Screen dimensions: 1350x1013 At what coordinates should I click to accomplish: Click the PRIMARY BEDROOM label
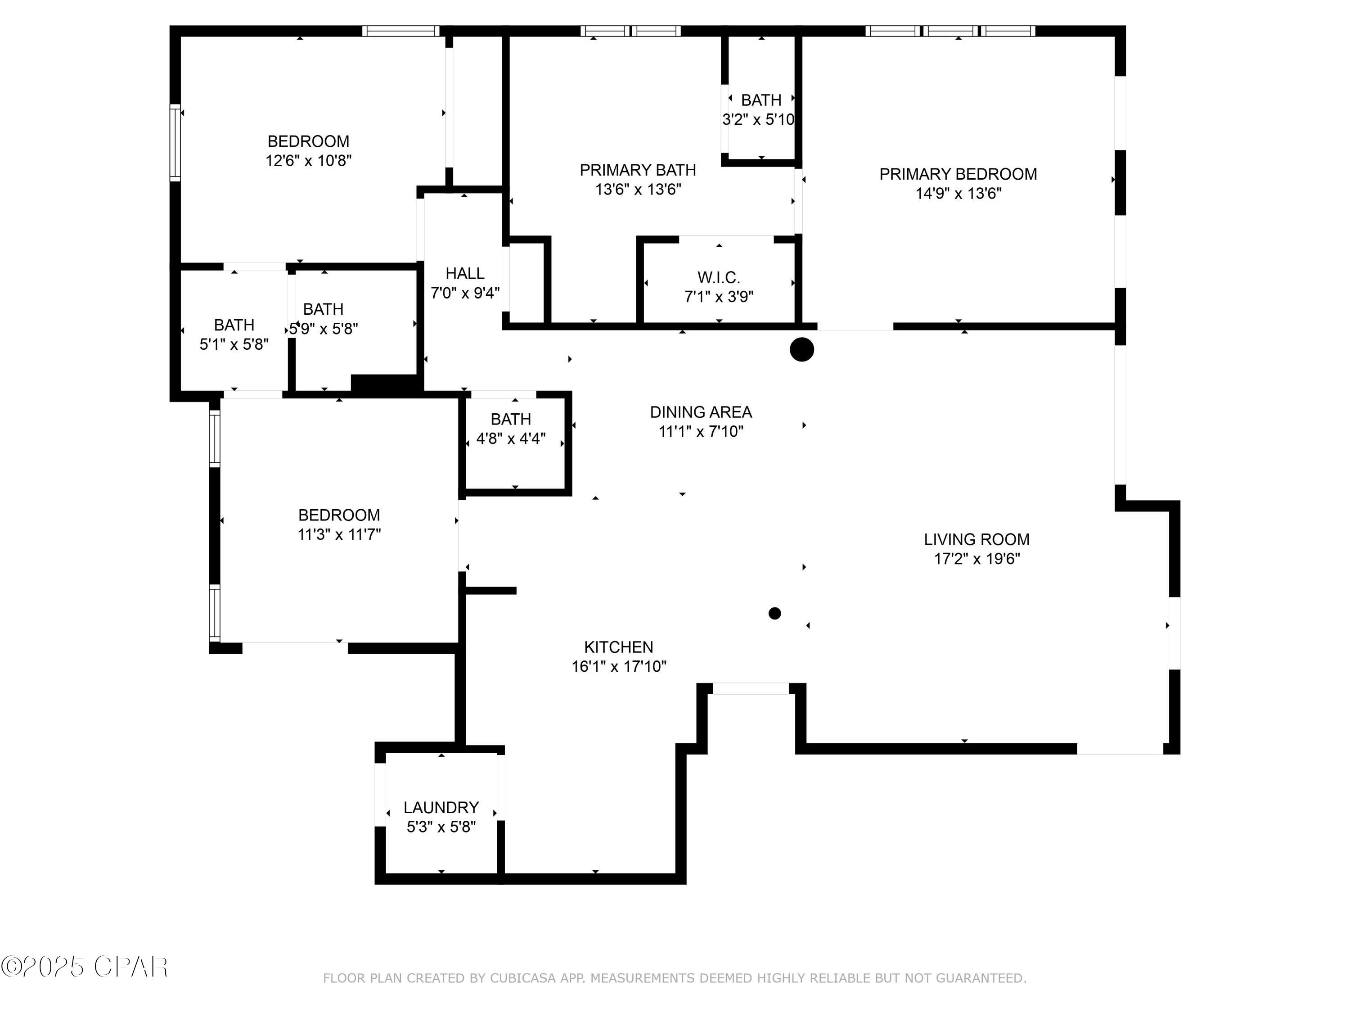(x=958, y=174)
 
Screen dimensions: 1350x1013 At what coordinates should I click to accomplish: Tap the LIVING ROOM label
(x=976, y=539)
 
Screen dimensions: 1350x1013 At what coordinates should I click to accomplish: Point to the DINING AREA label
(x=701, y=412)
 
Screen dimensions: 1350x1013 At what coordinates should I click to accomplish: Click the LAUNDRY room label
(x=441, y=807)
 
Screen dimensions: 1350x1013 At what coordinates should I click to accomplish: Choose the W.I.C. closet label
(x=719, y=277)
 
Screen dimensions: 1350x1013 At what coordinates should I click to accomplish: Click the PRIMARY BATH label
(x=638, y=170)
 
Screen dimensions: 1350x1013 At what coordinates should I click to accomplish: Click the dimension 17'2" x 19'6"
(x=976, y=559)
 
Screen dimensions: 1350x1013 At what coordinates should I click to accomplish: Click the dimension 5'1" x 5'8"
(x=234, y=344)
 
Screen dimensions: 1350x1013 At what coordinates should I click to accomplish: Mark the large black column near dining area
(x=802, y=350)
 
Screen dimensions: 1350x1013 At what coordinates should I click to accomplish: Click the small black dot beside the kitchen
(x=774, y=613)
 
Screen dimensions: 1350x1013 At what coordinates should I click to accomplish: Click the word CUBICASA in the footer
(x=523, y=978)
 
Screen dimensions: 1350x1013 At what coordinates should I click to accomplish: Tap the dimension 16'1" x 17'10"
(x=619, y=666)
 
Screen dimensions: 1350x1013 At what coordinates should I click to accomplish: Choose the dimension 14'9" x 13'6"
(x=958, y=194)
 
